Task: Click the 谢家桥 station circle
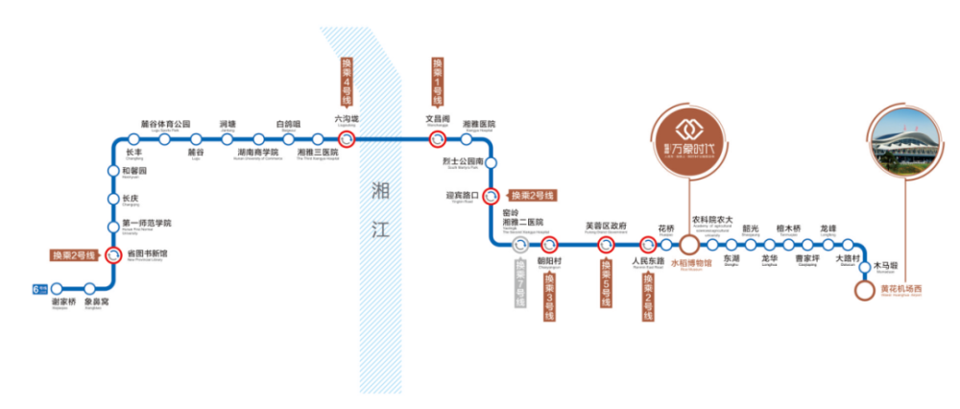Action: [x=56, y=287]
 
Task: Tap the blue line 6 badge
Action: [x=37, y=287]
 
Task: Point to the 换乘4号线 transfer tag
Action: [x=347, y=81]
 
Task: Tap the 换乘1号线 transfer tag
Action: [x=437, y=81]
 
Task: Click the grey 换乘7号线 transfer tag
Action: [x=519, y=283]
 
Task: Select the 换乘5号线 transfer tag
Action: [x=606, y=283]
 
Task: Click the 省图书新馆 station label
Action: [x=147, y=254]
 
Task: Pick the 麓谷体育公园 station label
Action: [x=165, y=124]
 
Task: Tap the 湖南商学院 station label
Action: [x=256, y=152]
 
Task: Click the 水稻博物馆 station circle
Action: [x=690, y=244]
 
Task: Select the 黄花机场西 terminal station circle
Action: [x=866, y=288]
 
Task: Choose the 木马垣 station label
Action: [x=884, y=266]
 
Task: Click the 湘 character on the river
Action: [x=378, y=189]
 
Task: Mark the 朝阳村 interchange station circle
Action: [x=550, y=244]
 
